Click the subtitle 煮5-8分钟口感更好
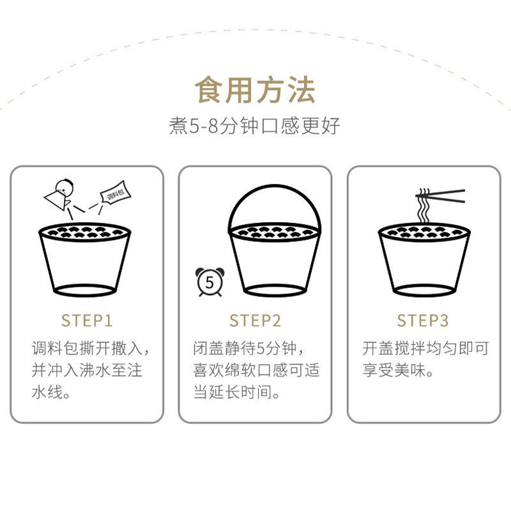[255, 126]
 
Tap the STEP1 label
[87, 320]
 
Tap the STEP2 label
[255, 320]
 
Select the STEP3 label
[423, 320]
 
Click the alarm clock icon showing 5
[208, 282]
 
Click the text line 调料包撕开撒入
[91, 349]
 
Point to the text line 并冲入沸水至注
[87, 370]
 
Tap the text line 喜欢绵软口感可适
[256, 370]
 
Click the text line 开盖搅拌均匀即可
[425, 349]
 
